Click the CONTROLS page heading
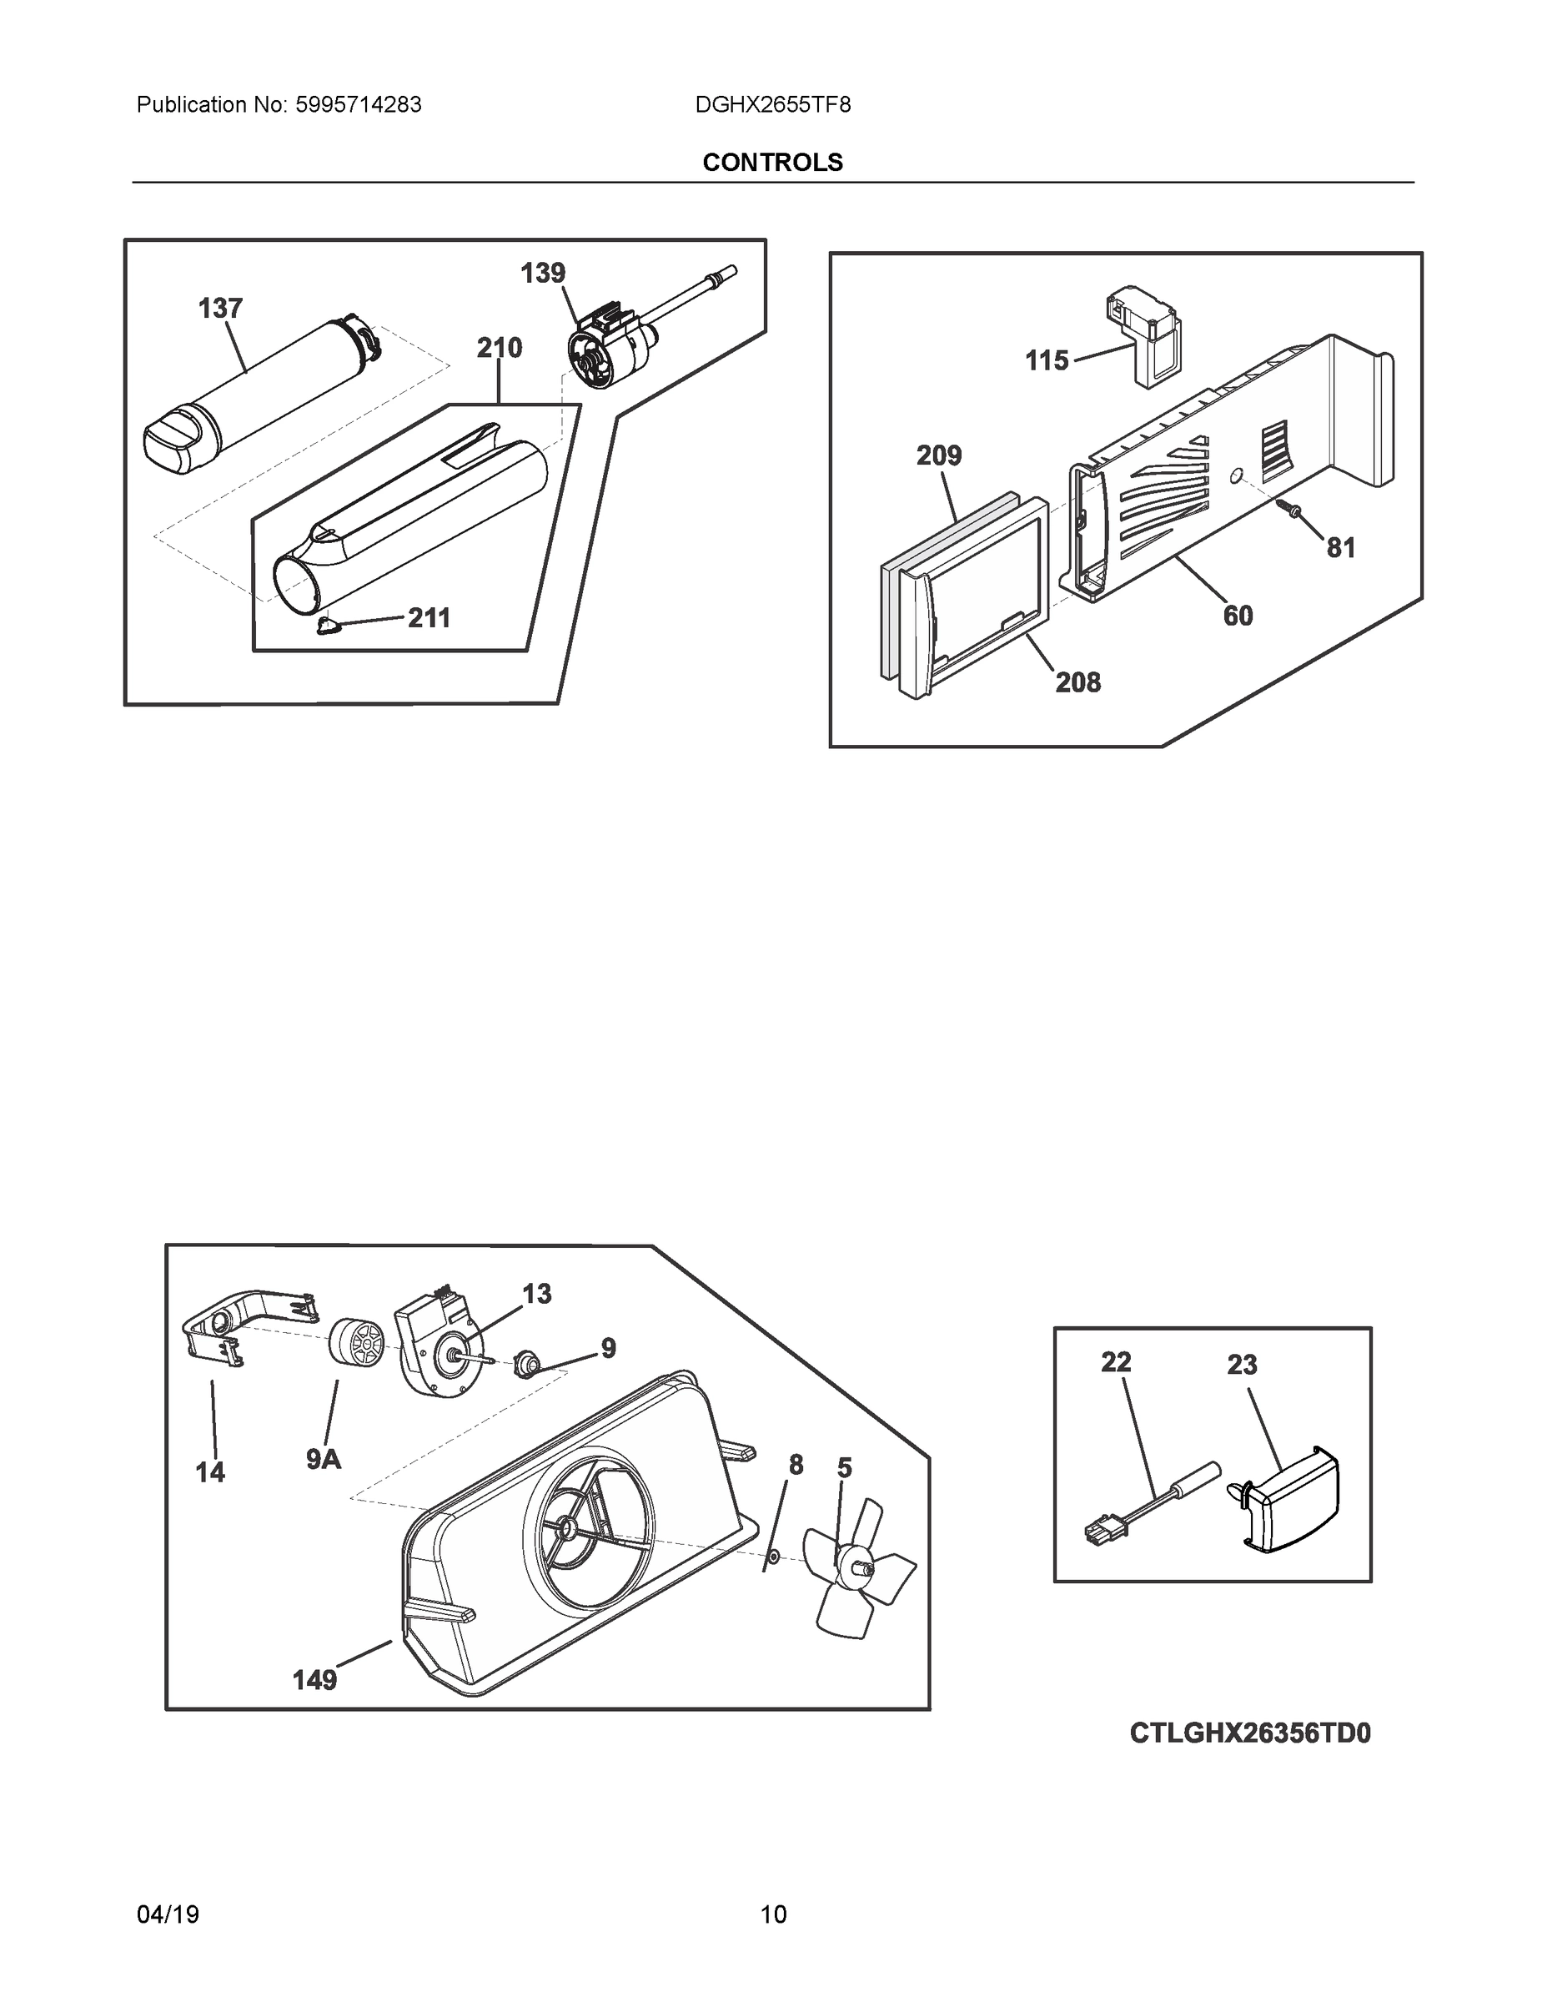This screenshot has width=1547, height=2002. click(x=772, y=163)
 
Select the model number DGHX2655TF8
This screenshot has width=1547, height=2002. click(x=772, y=105)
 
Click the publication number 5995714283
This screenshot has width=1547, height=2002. click(x=358, y=105)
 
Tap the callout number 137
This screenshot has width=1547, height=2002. click(x=220, y=309)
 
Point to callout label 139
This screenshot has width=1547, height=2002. click(x=543, y=273)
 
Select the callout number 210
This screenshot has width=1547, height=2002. click(x=500, y=349)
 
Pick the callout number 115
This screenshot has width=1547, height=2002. click(x=1047, y=361)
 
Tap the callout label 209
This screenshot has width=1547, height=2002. click(x=938, y=455)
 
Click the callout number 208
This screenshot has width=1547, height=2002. click(x=1077, y=682)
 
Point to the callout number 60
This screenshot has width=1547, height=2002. click(x=1238, y=616)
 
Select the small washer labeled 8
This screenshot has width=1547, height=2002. click(x=771, y=1557)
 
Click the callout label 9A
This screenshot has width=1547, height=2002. click(x=324, y=1459)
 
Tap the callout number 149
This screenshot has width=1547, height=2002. click(x=314, y=1680)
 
